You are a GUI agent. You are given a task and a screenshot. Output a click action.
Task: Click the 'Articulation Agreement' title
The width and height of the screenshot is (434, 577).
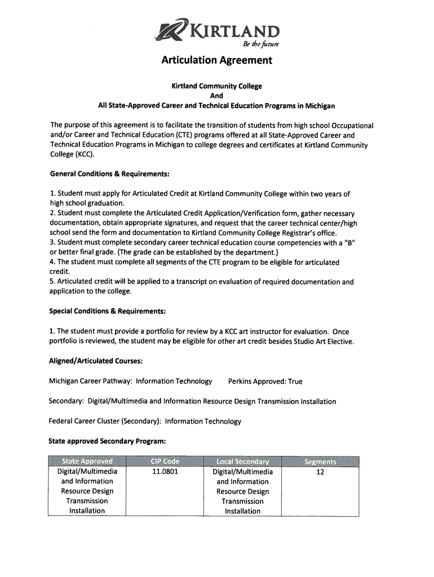tap(217, 60)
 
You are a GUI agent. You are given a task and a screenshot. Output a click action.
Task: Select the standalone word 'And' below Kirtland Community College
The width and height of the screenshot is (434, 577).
tap(216, 96)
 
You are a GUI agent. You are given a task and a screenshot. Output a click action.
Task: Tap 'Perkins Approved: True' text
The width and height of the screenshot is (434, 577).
tap(265, 381)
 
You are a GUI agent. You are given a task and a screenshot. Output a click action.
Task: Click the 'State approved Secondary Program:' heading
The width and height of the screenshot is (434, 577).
tap(107, 441)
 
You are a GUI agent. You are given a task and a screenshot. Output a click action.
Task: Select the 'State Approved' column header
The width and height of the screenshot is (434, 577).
tap(87, 461)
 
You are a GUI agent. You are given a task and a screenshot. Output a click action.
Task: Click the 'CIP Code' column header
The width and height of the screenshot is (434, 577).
tap(165, 461)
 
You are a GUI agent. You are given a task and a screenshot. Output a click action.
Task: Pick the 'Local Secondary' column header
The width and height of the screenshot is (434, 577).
tap(242, 461)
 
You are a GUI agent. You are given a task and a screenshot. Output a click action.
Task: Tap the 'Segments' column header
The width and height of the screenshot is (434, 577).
tap(320, 461)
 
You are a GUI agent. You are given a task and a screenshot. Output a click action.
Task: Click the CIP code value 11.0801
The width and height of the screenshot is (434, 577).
tap(165, 472)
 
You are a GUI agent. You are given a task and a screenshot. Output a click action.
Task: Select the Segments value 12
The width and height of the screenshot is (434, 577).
tap(320, 472)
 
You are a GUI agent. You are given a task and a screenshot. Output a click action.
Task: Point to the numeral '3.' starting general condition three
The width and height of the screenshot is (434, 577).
tap(52, 242)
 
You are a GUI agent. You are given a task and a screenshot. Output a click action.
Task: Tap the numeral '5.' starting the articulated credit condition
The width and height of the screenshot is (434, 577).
tap(52, 282)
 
